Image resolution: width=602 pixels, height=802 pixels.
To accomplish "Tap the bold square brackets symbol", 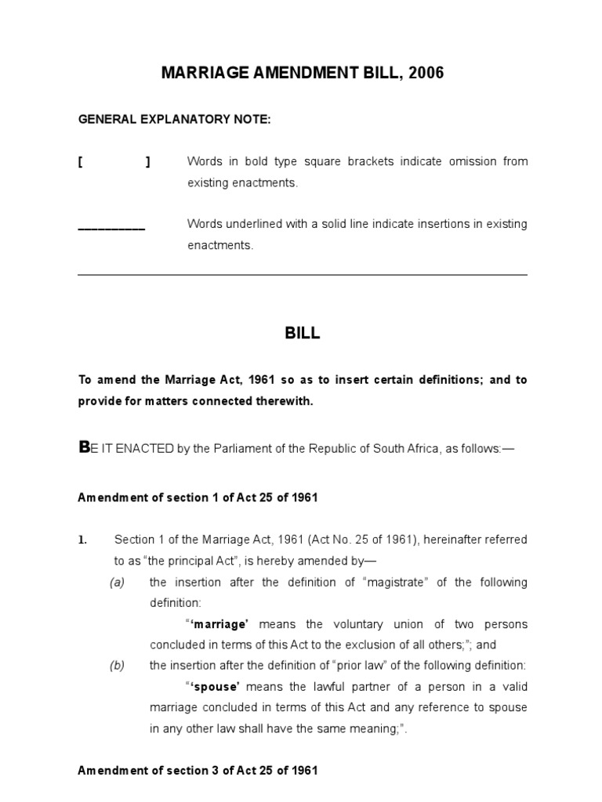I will point(114,162).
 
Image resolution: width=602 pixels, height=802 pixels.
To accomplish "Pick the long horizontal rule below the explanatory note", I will point(303,275).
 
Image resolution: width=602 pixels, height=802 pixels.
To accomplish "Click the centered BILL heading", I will point(302,333).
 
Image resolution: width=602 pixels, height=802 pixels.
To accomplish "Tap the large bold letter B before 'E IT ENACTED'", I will point(84,447).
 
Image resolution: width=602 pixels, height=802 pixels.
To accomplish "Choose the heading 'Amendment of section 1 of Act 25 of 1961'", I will point(198,497).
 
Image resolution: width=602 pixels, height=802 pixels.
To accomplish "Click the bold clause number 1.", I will point(82,540).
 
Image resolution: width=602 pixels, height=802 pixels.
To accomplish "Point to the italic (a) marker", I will point(117,582).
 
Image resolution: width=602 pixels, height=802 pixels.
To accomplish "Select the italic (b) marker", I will point(117,666).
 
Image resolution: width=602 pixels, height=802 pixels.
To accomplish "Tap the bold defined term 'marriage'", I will point(220,624).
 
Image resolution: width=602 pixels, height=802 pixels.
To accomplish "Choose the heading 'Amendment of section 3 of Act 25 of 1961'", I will point(198,770).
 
